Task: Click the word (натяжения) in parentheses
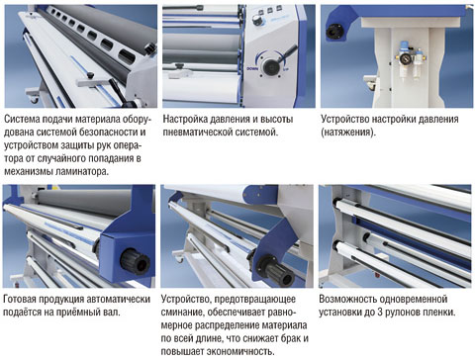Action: (x=348, y=133)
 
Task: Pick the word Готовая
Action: (x=20, y=300)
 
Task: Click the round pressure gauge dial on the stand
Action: (x=406, y=58)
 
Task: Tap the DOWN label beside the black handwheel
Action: (x=252, y=68)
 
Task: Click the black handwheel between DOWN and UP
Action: (x=271, y=66)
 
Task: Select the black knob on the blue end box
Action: (x=135, y=261)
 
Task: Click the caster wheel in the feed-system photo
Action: (x=34, y=98)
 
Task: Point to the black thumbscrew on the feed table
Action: (x=89, y=75)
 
